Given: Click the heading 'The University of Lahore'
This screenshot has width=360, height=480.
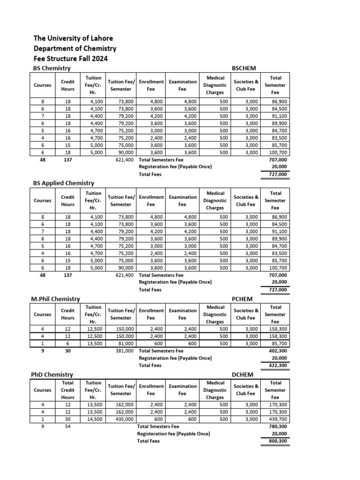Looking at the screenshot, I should point(73,38).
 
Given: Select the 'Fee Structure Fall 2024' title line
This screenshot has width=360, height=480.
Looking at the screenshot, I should point(70,59).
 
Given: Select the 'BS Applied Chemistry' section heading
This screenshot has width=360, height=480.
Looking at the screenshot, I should point(64,183).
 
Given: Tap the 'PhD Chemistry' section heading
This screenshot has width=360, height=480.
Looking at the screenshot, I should point(52,375).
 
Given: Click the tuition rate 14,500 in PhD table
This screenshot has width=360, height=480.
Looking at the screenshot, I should point(93,419).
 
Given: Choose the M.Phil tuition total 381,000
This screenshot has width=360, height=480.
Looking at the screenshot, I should point(125,351).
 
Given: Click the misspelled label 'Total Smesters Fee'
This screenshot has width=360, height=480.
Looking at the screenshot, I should point(158,427).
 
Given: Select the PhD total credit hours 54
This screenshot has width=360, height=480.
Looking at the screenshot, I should point(67,427).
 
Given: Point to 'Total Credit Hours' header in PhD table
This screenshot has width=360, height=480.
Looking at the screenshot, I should point(67,390).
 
